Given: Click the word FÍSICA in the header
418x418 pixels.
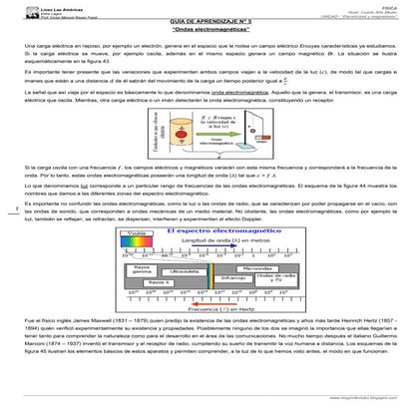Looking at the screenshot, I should click(x=394, y=5).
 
